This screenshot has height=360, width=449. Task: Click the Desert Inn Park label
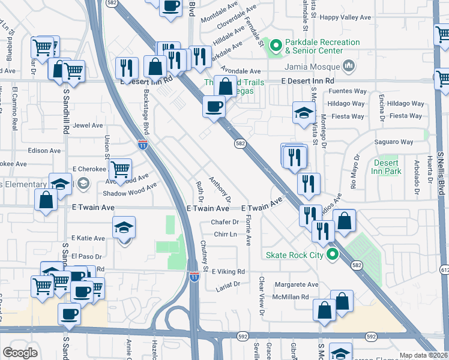click(x=386, y=167)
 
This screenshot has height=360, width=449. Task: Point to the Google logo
click(x=20, y=353)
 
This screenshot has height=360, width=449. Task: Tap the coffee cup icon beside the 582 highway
click(x=214, y=107)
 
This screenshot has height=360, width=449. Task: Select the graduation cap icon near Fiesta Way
click(x=304, y=112)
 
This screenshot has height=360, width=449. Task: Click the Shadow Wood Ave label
click(x=129, y=190)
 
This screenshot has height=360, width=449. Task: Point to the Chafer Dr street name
click(x=225, y=222)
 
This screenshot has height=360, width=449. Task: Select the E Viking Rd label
click(x=229, y=272)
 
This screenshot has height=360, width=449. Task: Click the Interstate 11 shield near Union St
click(x=142, y=144)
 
